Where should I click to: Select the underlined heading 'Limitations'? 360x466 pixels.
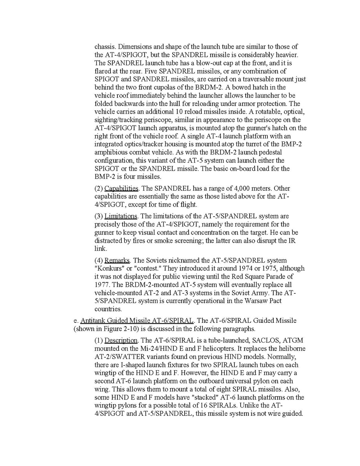[x=121, y=216]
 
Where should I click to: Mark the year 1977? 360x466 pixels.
[x=102, y=284]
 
